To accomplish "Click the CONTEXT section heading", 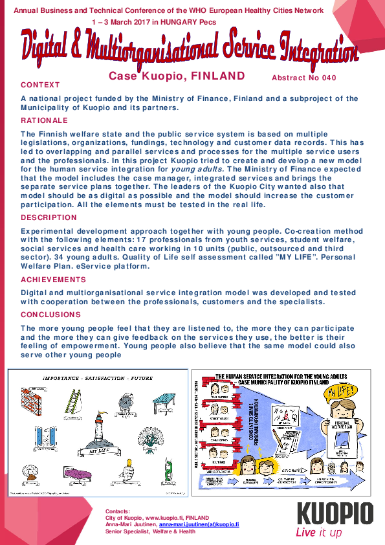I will pos(40,85).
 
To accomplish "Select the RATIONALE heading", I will pos(44,120).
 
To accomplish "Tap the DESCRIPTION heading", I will pos(49,217).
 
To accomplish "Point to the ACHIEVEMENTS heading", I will pos(53,280).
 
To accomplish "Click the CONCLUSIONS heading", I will pos(50,315).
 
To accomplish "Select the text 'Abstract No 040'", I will pos(304,78).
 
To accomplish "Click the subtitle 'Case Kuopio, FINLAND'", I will pos(177,76).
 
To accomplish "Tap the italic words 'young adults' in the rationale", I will pos(198,169).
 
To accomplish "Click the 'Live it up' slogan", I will pos(318,533).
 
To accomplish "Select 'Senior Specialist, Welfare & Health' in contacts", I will pos(150,532).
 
